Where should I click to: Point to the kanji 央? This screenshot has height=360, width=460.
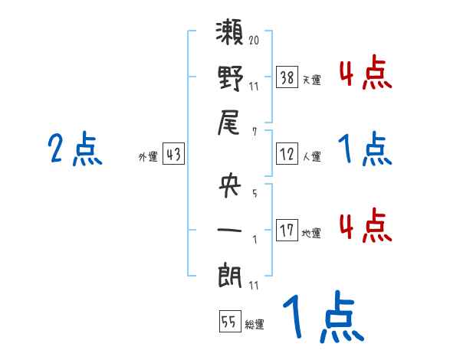click(x=231, y=187)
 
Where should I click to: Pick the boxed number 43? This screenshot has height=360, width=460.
click(x=173, y=154)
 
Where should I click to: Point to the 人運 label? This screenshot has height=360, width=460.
click(x=311, y=156)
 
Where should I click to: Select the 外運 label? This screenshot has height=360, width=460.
click(x=147, y=156)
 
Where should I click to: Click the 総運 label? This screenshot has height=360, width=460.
click(x=255, y=324)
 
